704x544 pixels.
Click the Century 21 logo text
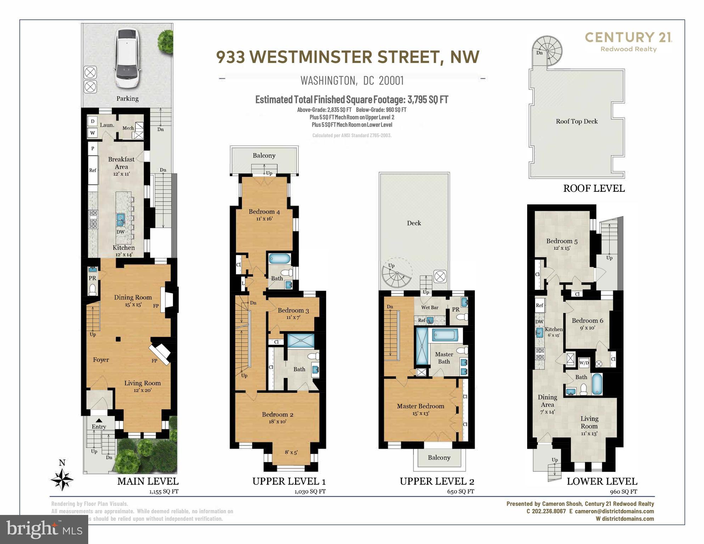click(x=628, y=37)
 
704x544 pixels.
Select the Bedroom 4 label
click(x=264, y=212)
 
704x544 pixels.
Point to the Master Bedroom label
click(x=420, y=406)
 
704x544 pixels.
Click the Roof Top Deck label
click(x=576, y=122)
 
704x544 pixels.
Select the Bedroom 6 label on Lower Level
click(x=587, y=321)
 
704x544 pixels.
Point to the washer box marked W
click(x=92, y=133)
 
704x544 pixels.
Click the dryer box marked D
click(x=92, y=122)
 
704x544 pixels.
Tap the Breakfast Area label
click(x=121, y=163)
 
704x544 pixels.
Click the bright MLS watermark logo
click(x=44, y=529)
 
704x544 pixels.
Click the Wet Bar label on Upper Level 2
click(x=429, y=307)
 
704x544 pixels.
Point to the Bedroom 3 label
click(x=293, y=311)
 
